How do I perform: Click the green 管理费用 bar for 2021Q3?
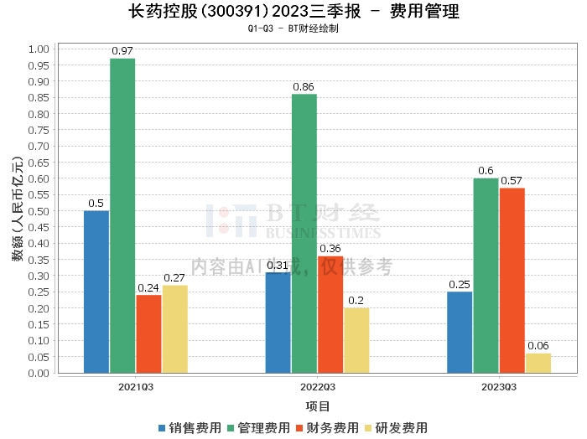(x=122, y=215)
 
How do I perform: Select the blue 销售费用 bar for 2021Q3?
(x=96, y=292)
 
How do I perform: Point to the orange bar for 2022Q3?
(x=330, y=314)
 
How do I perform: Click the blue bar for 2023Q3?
(x=460, y=332)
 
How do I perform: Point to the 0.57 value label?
(x=512, y=181)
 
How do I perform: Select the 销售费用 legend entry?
(x=190, y=427)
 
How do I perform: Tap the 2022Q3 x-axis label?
(x=318, y=387)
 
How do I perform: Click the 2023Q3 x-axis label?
(x=499, y=387)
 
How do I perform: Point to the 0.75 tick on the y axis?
(x=39, y=130)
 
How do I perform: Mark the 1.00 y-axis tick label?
(x=39, y=49)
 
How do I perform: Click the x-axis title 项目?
(x=318, y=405)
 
